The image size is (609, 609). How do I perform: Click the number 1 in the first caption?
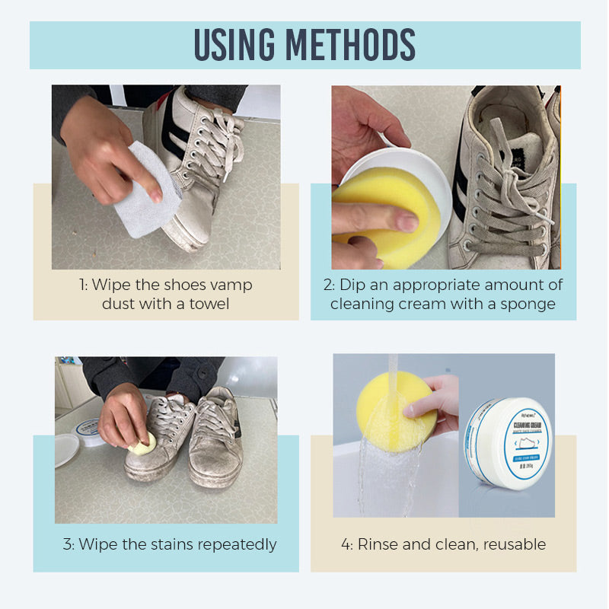point(81,285)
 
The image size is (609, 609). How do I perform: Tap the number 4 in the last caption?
point(346,544)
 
